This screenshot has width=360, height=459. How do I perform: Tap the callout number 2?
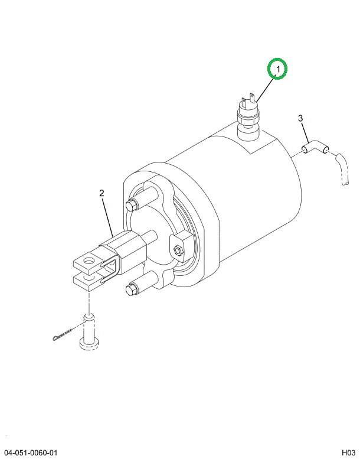[x=102, y=193]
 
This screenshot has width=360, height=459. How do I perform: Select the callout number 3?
[x=300, y=119]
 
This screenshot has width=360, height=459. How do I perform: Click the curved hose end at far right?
[x=342, y=171]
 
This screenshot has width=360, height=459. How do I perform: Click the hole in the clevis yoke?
[x=90, y=258]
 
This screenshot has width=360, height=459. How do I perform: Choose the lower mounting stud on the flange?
[x=133, y=289]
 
